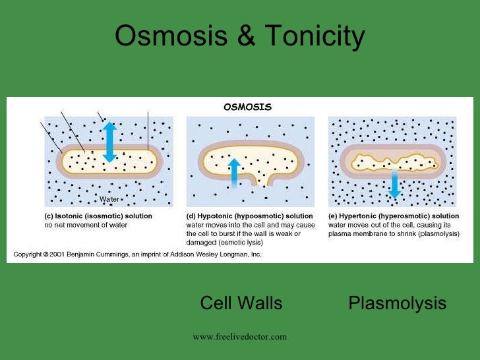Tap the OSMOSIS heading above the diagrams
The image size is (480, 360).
247,107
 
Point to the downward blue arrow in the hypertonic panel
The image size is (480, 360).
394,183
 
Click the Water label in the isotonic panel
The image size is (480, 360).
109,198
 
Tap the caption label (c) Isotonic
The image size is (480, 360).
65,216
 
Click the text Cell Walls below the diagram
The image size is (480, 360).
241,303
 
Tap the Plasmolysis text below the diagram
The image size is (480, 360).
397,303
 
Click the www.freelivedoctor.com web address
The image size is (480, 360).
240,337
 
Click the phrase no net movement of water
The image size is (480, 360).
81,225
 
